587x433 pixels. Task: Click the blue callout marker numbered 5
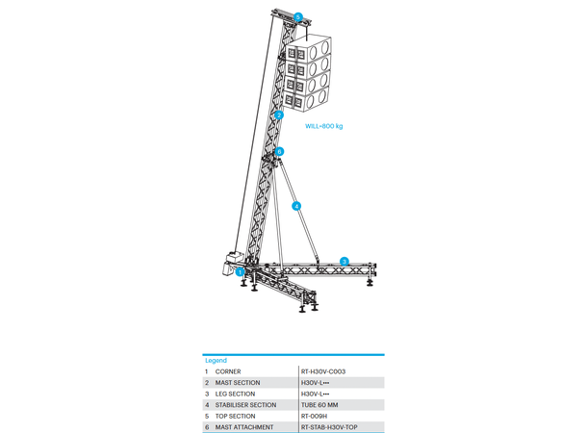(298, 17)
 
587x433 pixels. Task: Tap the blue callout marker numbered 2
(278, 115)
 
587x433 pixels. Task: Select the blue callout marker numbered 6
(279, 152)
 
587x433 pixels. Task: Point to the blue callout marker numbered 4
(296, 206)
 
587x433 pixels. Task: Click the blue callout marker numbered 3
(345, 261)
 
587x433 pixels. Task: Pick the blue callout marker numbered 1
(240, 272)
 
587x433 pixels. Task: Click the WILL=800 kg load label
(324, 126)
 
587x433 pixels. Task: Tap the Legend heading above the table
(216, 361)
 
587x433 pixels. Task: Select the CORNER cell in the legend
(228, 371)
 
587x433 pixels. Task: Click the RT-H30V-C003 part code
(323, 371)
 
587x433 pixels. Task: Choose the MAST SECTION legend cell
(238, 383)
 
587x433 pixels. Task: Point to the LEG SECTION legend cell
(235, 395)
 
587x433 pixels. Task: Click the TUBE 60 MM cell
(319, 405)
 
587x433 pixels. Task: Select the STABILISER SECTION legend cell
(245, 405)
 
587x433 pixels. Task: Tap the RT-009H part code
(314, 416)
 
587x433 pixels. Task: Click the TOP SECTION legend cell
(235, 416)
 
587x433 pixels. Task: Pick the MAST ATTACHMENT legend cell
(244, 427)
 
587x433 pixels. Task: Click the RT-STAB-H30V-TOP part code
(329, 427)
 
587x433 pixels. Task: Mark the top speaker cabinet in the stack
(309, 47)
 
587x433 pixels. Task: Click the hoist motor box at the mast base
(233, 264)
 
